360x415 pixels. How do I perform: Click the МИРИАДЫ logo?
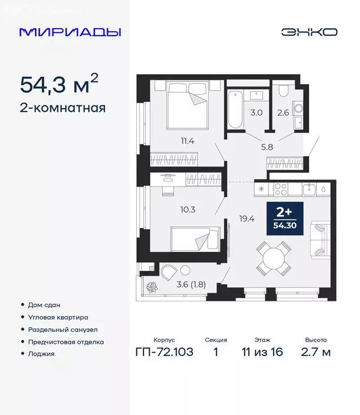tap(70, 32)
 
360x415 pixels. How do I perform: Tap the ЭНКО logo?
tap(309, 32)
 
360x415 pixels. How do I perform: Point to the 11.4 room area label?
tap(188, 142)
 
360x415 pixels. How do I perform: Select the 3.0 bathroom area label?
tap(256, 113)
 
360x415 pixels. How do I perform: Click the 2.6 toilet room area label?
tap(283, 113)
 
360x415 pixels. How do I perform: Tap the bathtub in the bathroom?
tap(235, 110)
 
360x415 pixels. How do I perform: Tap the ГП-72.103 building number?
tap(164, 352)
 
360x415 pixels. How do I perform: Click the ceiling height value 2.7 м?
tap(316, 352)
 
